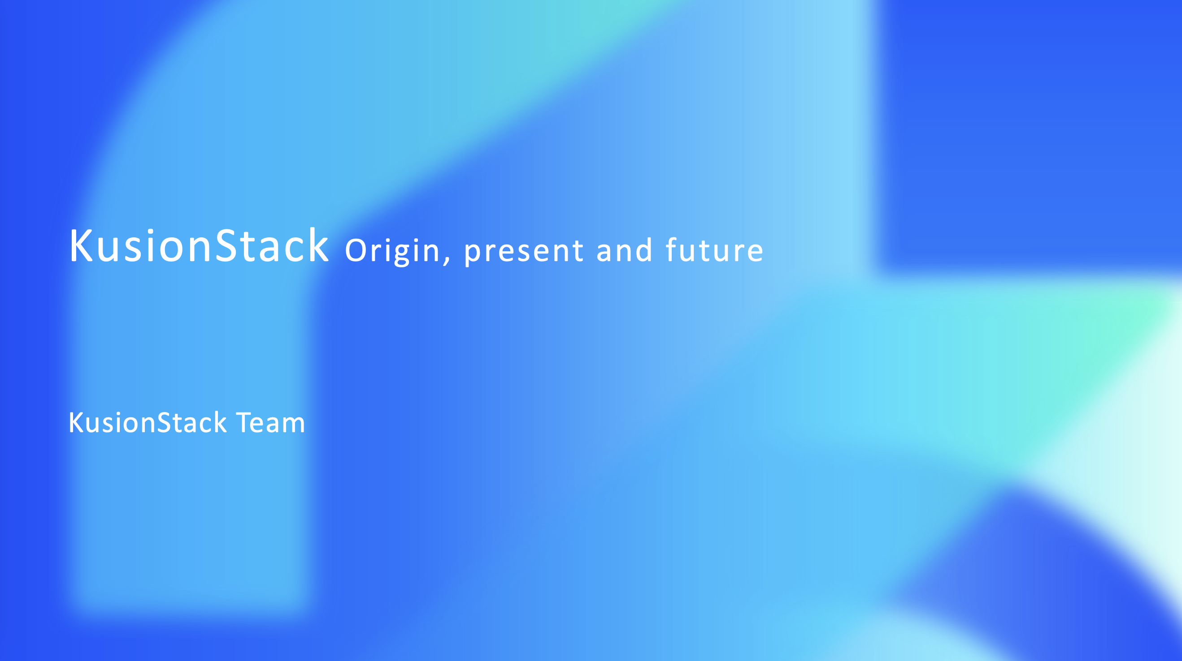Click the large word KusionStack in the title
click(x=199, y=247)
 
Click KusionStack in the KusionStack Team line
click(x=147, y=422)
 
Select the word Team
click(x=270, y=422)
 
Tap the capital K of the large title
click(x=81, y=246)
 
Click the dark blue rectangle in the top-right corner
click(x=1028, y=133)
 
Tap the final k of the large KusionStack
click(x=318, y=246)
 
